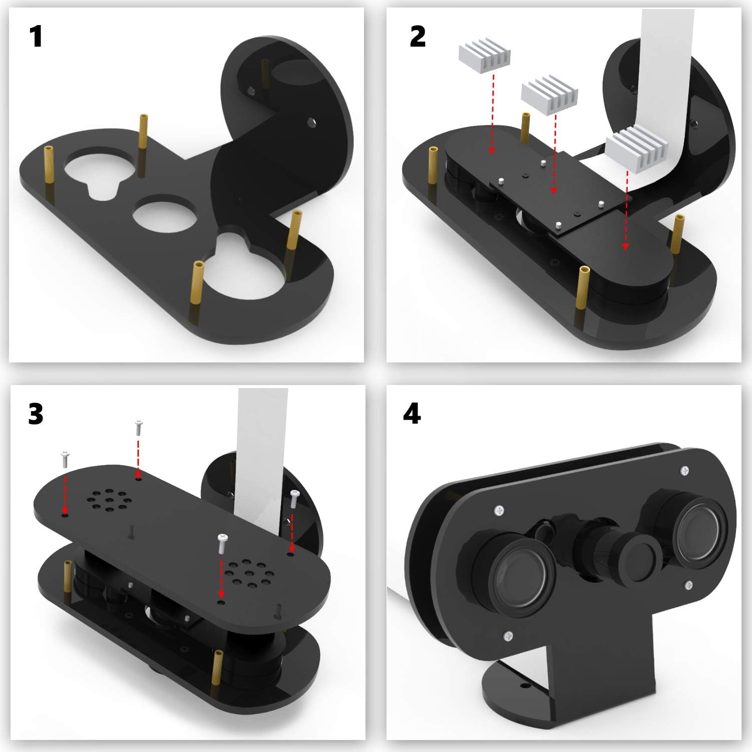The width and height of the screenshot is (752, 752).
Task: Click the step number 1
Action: pyautogui.click(x=36, y=37)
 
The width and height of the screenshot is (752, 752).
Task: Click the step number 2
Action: pyautogui.click(x=418, y=37)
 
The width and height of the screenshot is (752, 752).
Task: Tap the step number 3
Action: pyautogui.click(x=36, y=414)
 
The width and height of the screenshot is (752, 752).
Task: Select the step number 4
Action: pyautogui.click(x=412, y=414)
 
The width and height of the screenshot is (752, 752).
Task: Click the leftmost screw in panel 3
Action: pyautogui.click(x=65, y=459)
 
